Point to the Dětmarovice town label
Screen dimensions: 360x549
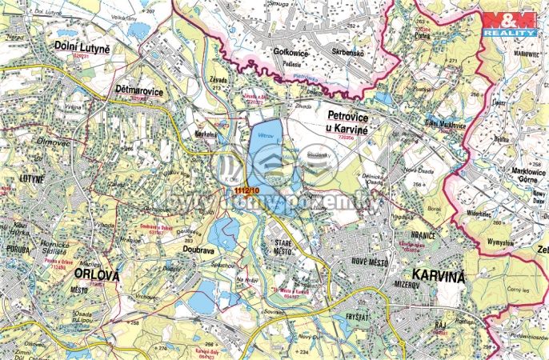(x=140, y=92)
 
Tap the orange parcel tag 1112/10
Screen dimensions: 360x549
(x=246, y=190)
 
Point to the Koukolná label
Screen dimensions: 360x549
(x=206, y=135)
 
